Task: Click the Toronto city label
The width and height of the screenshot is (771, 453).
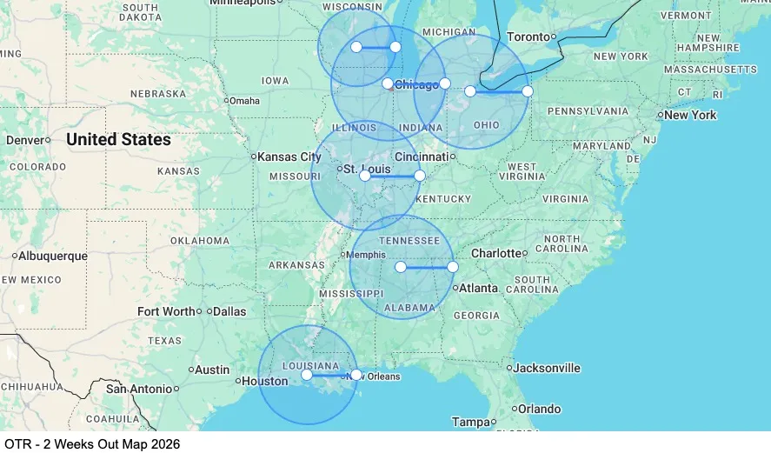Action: tap(528, 37)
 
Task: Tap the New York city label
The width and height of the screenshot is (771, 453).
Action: tap(690, 115)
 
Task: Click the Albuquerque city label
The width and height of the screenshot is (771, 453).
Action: tap(53, 256)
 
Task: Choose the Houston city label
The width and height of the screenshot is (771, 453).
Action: tap(264, 381)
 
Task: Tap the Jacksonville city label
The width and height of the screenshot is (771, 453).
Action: tap(547, 368)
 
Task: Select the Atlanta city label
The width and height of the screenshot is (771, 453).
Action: tap(479, 288)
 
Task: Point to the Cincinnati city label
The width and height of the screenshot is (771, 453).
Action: tap(421, 157)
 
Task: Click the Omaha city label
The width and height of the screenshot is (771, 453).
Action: tap(244, 101)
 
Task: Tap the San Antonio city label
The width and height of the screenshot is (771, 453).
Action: tap(139, 389)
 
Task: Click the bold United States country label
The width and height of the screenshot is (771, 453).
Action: tap(118, 139)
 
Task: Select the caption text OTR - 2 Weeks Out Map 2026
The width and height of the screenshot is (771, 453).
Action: tap(90, 443)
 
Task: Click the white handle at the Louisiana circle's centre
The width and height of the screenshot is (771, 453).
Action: tap(307, 375)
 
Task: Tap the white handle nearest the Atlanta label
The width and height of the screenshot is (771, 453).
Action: tap(453, 267)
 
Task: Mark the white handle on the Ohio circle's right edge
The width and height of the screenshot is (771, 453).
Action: tap(528, 91)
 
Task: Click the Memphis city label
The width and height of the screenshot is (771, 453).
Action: tap(365, 255)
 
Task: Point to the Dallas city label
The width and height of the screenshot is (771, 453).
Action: tap(229, 311)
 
